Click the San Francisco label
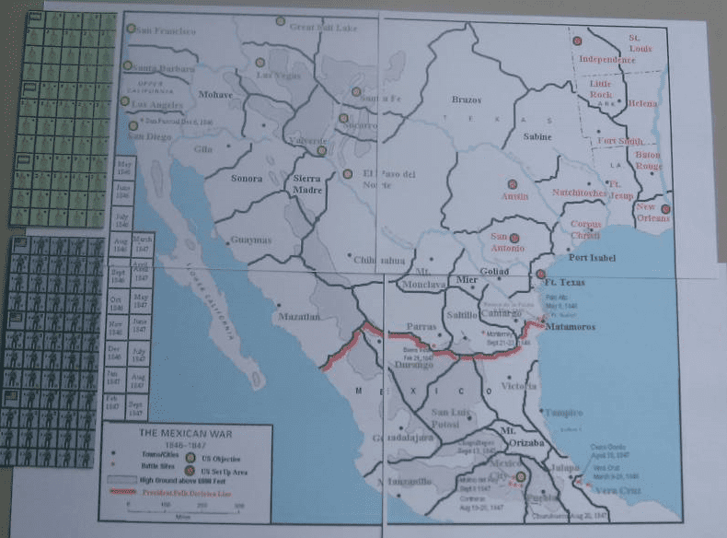(167, 30)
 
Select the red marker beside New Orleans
(666, 209)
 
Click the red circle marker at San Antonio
(514, 238)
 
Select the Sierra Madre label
(308, 181)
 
